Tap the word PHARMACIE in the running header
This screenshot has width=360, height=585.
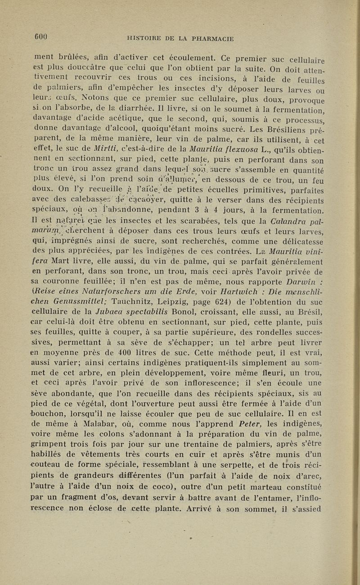click(211, 39)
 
